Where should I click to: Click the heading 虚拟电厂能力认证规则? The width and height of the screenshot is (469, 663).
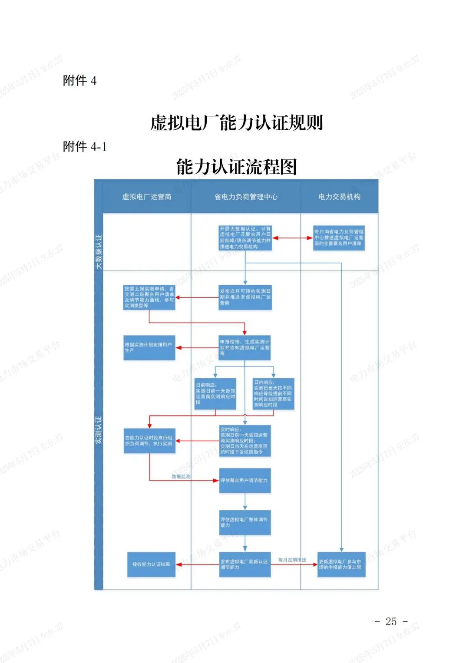(x=237, y=123)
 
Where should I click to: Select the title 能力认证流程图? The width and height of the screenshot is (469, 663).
(x=237, y=167)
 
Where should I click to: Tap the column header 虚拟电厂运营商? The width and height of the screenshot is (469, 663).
(x=147, y=197)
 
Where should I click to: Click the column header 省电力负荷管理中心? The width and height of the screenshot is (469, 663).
(x=246, y=197)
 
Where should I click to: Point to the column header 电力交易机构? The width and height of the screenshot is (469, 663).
(x=339, y=197)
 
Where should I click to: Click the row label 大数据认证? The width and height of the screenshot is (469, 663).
(x=99, y=251)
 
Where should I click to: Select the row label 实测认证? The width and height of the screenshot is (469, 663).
(x=99, y=429)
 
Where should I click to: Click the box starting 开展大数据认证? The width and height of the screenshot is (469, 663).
(x=245, y=238)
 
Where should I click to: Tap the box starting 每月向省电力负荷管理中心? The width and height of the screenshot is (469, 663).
(x=339, y=238)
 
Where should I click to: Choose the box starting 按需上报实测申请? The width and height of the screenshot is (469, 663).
(x=149, y=297)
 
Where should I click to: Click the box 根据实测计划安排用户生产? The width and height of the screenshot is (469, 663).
(x=149, y=348)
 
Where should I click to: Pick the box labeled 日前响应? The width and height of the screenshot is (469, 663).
(x=215, y=394)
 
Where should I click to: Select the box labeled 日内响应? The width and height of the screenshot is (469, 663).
(x=274, y=394)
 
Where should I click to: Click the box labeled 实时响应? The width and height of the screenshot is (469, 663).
(x=245, y=441)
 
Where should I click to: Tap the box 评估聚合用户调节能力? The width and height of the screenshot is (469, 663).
(x=245, y=481)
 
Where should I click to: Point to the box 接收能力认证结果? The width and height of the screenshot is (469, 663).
(x=151, y=564)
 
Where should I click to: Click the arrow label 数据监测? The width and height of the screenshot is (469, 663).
(x=181, y=477)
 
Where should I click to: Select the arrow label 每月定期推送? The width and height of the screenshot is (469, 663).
(x=292, y=560)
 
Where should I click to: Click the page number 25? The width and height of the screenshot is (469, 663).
(x=391, y=622)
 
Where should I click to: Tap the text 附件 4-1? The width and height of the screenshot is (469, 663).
(x=85, y=147)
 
